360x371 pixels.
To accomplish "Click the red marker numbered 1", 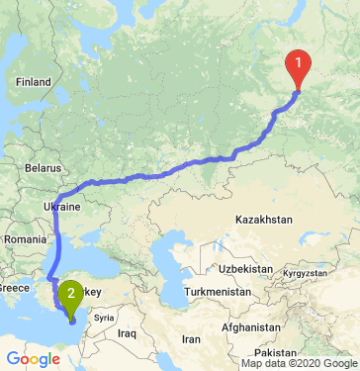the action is click(x=298, y=68).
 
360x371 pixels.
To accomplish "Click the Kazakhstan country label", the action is click(x=260, y=217).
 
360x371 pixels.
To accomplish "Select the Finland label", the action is click(x=32, y=82).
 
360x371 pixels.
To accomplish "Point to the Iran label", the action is click(x=190, y=339).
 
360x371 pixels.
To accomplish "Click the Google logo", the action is click(x=33, y=359).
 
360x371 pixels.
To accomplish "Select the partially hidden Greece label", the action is click(x=14, y=288).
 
